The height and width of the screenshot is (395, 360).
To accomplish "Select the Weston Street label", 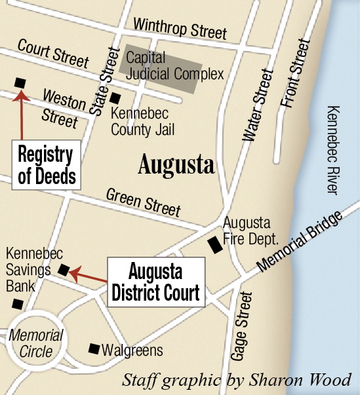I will (63, 107).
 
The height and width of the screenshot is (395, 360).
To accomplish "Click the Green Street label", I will (143, 201).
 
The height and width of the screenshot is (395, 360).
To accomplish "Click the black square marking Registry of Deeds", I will (20, 83).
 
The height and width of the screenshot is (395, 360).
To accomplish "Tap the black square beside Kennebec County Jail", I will (115, 98).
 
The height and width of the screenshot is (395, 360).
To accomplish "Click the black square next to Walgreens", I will (94, 348).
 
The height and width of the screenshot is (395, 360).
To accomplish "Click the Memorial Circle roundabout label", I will (36, 344).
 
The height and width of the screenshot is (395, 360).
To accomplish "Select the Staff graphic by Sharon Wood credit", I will (237, 380).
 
